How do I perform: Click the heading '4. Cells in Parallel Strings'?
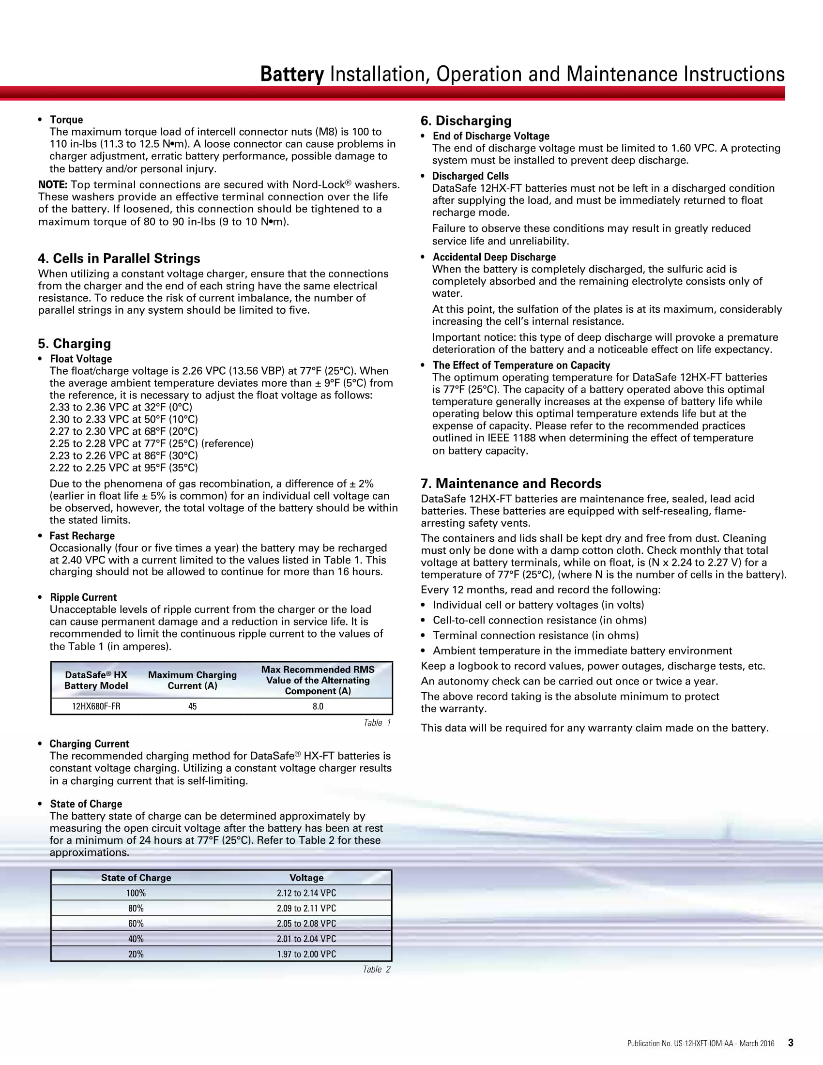click(119, 259)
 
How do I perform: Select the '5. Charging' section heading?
click(75, 344)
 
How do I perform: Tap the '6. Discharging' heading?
click(466, 121)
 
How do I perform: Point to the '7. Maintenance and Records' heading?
click(511, 483)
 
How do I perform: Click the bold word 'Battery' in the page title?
click(291, 74)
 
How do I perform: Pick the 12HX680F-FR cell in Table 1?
click(96, 706)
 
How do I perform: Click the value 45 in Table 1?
click(193, 706)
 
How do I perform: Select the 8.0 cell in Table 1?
click(318, 706)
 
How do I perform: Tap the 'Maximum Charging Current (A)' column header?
click(193, 680)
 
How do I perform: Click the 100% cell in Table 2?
click(136, 893)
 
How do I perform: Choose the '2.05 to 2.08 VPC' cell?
click(306, 923)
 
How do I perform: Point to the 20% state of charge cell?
click(136, 954)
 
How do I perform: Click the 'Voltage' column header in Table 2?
click(306, 878)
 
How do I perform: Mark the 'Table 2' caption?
click(376, 970)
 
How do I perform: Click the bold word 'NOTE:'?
click(53, 185)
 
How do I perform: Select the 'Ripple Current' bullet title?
click(83, 597)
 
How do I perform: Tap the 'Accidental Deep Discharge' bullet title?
click(494, 257)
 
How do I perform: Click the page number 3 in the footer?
click(791, 1043)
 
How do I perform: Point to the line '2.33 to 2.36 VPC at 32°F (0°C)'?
click(121, 407)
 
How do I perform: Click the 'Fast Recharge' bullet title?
click(82, 536)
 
